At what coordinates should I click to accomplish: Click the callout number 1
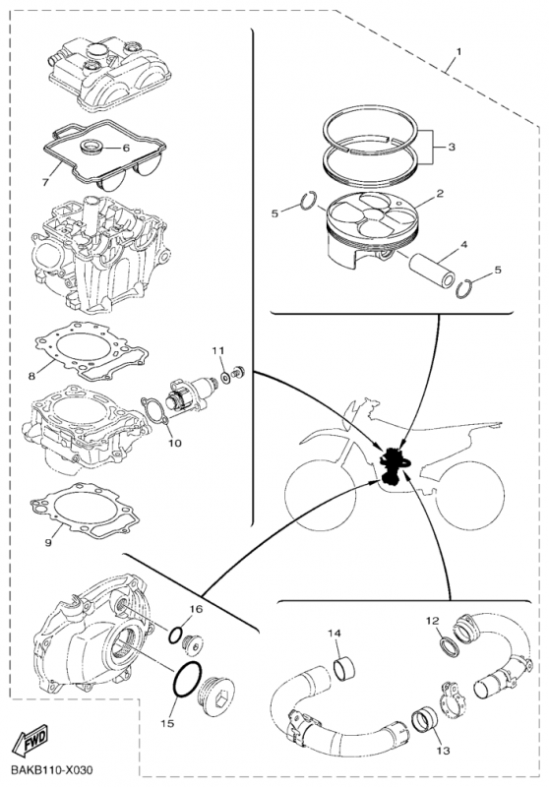(x=458, y=51)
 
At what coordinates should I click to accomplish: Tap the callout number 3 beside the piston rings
(x=452, y=147)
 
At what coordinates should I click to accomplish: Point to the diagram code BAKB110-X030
(x=52, y=770)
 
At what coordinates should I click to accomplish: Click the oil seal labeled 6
(x=93, y=147)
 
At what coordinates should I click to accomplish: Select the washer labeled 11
(x=226, y=377)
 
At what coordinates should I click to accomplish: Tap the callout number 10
(x=175, y=444)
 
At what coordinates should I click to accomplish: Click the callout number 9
(x=48, y=543)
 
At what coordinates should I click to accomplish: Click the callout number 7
(x=45, y=182)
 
